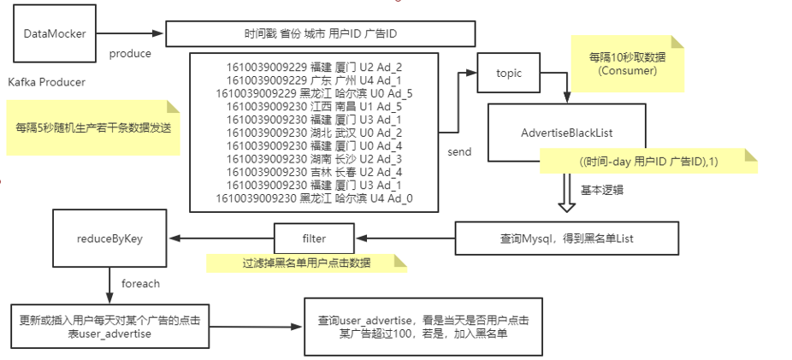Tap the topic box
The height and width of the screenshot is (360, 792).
click(508, 74)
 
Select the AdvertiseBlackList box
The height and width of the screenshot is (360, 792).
click(566, 133)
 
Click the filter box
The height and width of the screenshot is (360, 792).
click(314, 237)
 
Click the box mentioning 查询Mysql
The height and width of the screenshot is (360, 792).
click(567, 237)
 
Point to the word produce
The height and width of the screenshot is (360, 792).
click(130, 53)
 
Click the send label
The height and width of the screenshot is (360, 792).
click(459, 152)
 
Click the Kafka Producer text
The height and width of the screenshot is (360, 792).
click(46, 82)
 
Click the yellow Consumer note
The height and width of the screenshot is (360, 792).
click(628, 64)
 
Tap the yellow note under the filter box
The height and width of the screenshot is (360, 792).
click(305, 263)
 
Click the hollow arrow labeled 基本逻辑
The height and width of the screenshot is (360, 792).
click(566, 195)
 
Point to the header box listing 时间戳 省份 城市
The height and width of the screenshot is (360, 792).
click(320, 34)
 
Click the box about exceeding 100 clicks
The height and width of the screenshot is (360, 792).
click(423, 327)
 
